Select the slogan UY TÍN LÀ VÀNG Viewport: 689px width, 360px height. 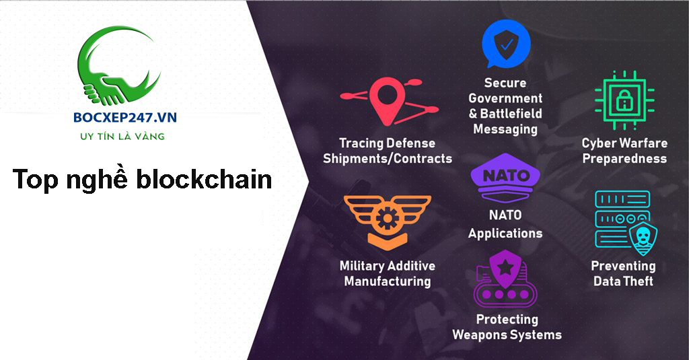122,137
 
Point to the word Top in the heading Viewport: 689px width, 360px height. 36,180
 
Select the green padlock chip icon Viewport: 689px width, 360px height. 624,101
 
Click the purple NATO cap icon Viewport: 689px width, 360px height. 505,178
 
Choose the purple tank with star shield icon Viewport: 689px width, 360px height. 505,279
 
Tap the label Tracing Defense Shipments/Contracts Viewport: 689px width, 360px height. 387,151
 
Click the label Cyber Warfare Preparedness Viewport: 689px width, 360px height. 624,151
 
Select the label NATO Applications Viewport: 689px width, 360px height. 505,225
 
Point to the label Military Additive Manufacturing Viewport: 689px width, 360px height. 387,273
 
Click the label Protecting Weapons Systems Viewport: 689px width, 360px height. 507,326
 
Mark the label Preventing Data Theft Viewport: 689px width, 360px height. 623,273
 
